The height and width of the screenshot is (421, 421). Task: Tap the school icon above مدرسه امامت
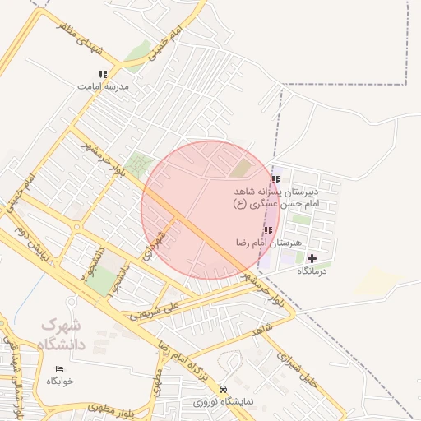pos(103,74)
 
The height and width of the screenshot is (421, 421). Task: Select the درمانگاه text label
pos(312,271)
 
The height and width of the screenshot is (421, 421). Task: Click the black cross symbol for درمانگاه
pos(312,258)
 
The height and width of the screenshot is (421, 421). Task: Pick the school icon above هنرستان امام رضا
pos(267,230)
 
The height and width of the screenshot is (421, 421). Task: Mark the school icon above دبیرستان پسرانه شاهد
pos(275,179)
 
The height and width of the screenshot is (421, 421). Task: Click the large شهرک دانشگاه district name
pos(63,334)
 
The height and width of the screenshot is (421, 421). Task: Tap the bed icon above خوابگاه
pos(58,369)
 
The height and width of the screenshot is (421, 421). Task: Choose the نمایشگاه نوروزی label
pos(222,403)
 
